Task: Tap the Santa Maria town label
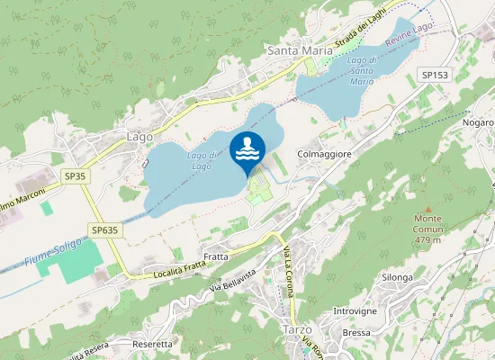coord(301,51)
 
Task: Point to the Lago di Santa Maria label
coord(362,70)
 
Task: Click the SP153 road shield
coord(434,76)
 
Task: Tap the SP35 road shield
coord(75,176)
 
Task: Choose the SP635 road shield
coord(104,230)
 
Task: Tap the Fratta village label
coord(216,256)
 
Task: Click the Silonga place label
coord(397,277)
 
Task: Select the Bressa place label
coord(356,332)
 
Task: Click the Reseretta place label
coord(151,345)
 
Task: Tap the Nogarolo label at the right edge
coord(476,121)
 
